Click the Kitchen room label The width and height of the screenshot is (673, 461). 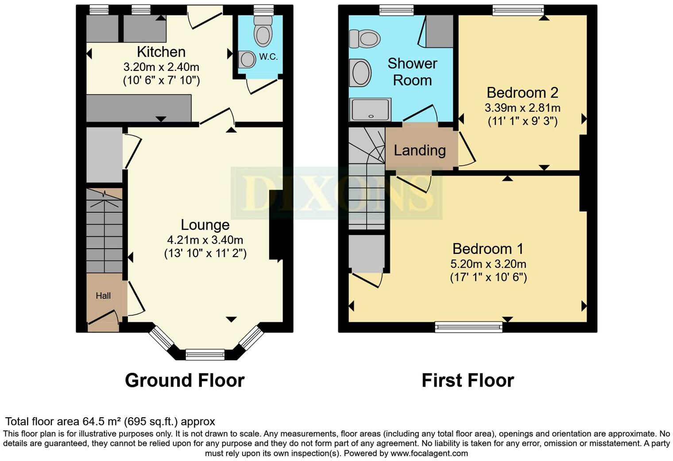[161, 52]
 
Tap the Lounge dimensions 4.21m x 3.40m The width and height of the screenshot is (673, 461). [205, 240]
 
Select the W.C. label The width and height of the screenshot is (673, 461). [268, 57]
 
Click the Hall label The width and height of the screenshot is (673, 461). [103, 296]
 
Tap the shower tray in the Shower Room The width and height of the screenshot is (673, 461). [370, 109]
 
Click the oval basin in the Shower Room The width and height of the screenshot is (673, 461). [360, 73]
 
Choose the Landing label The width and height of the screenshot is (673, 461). [420, 151]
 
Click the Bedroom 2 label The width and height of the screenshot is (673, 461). [522, 93]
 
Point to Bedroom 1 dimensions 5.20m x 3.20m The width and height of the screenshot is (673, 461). [488, 264]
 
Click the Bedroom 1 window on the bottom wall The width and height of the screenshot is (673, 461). [469, 328]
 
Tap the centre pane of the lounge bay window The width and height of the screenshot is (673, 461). [205, 355]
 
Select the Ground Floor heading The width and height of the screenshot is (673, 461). [185, 380]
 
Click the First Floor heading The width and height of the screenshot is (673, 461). [468, 380]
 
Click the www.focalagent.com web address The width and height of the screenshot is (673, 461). [429, 453]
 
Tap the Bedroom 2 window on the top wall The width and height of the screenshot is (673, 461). [518, 10]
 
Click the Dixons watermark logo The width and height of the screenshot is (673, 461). [336, 193]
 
